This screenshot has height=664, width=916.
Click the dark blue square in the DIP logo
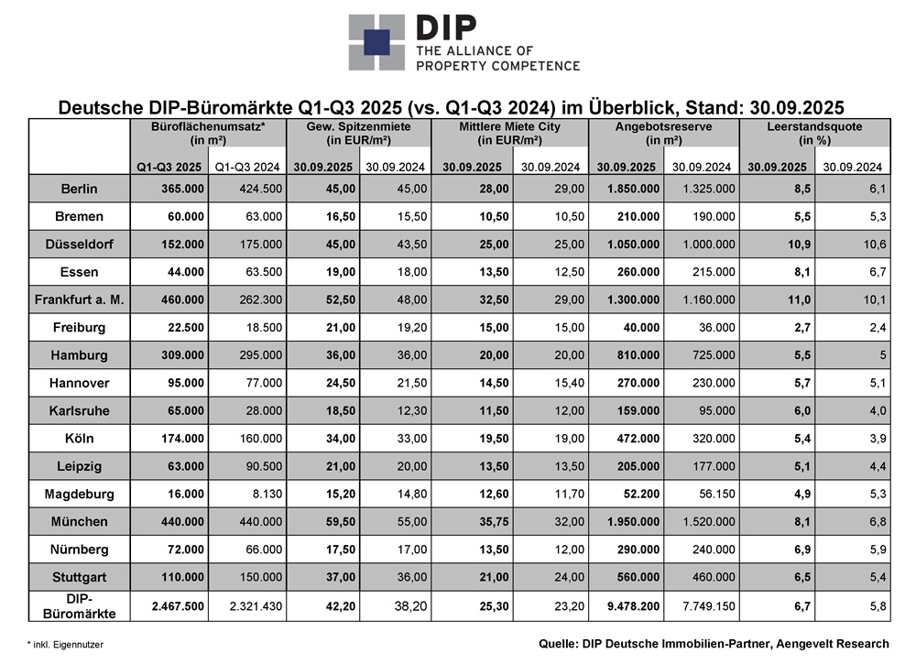click(375, 42)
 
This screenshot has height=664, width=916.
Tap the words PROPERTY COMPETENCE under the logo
click(497, 65)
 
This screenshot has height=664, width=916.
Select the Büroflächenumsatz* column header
click(209, 126)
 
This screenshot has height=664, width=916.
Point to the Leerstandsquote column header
click(814, 126)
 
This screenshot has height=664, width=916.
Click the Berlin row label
click(80, 190)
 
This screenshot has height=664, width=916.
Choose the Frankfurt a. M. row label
click(80, 299)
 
